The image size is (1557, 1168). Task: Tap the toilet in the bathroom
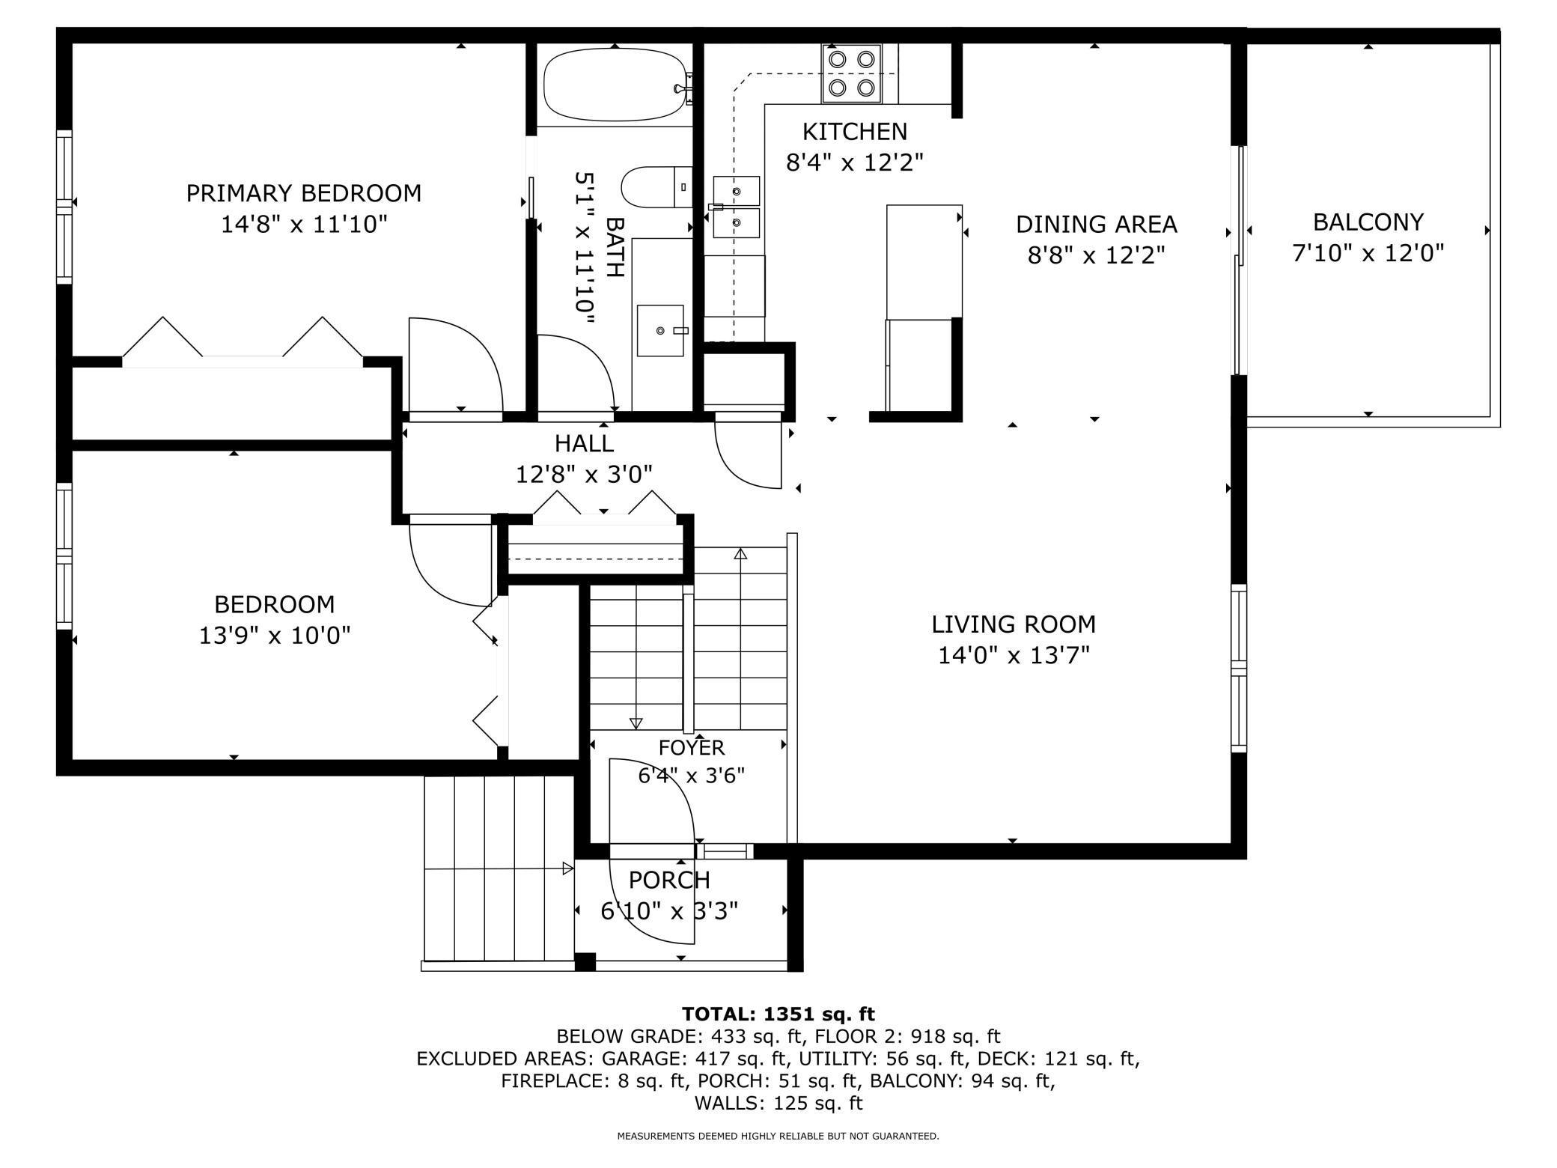(x=656, y=187)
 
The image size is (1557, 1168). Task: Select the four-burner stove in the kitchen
(x=851, y=73)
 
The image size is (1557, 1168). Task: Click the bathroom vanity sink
(x=660, y=330)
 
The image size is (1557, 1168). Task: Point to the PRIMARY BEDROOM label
(x=303, y=193)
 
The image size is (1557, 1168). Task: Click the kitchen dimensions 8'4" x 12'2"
(x=854, y=162)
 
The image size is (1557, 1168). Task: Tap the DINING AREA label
(x=1096, y=224)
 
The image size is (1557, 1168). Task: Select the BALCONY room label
(x=1368, y=222)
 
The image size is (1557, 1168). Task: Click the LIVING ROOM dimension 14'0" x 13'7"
(x=1014, y=655)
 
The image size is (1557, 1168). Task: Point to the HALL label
(x=584, y=443)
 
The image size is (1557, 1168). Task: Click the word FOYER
(x=692, y=747)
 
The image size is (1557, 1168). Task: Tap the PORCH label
(x=669, y=880)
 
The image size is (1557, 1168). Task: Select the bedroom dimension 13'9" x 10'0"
(x=275, y=636)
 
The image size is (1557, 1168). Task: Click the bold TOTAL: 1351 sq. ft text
(x=778, y=1014)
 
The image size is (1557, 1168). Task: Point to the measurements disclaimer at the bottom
(x=778, y=1136)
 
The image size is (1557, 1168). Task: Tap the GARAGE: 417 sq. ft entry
(x=696, y=1059)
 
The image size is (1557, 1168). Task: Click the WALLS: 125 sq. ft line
(x=778, y=1103)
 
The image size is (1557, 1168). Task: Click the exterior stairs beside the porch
(x=498, y=869)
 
